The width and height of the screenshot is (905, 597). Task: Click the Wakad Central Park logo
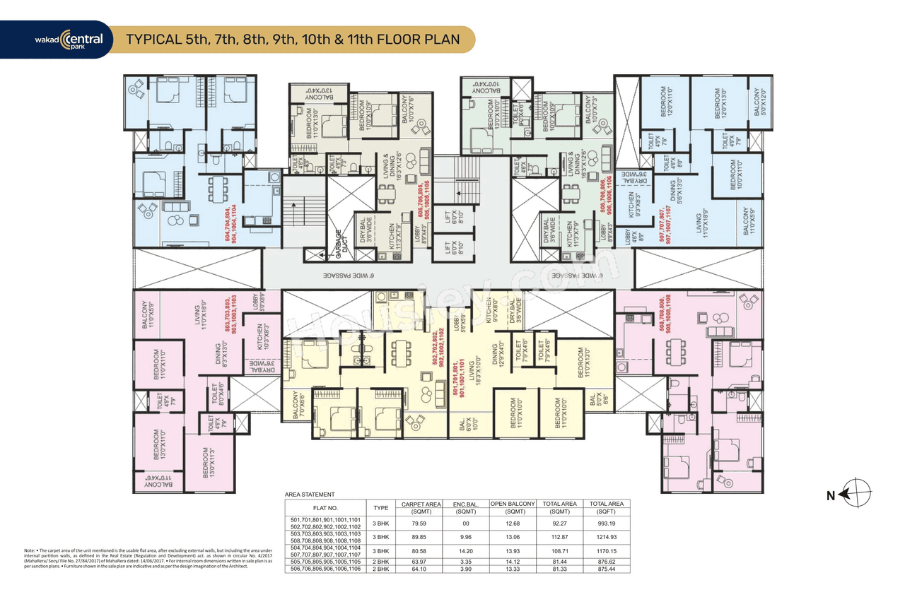[70, 40]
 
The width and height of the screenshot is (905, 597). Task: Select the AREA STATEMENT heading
[310, 495]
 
